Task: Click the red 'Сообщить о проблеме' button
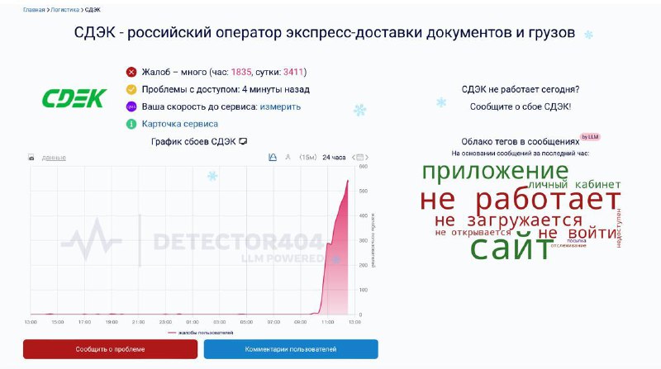coord(110,349)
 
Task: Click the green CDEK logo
coord(74,99)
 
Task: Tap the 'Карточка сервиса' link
coord(180,124)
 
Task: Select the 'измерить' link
coord(280,106)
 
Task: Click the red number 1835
coord(241,72)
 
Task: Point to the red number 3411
coord(294,72)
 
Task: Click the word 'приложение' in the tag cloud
coord(495,171)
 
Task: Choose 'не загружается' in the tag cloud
coord(508,220)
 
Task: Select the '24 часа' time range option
coord(334,157)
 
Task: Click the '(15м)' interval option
coord(307,157)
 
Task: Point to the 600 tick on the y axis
coord(363,167)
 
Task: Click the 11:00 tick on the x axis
coord(327,322)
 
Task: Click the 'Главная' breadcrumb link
coord(34,10)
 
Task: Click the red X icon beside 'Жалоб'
coord(131,72)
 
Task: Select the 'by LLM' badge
coord(590,136)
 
